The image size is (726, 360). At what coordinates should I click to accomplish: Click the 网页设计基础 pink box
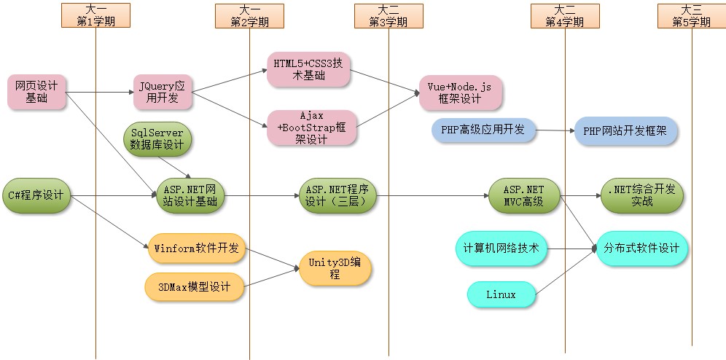[x=36, y=92]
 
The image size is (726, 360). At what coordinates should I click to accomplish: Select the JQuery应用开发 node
[x=162, y=92]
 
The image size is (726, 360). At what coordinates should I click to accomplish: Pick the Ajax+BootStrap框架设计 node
[x=312, y=128]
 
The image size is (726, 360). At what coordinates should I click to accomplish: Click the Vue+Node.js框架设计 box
[x=460, y=93]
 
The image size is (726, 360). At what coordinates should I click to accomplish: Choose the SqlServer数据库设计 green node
[x=157, y=138]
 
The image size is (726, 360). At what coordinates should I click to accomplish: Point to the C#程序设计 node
[x=36, y=195]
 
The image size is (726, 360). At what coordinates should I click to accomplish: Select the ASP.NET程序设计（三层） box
[x=337, y=195]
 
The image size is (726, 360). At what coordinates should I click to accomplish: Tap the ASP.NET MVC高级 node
[x=524, y=195]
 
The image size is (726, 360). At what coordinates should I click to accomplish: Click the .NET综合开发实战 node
[x=642, y=195]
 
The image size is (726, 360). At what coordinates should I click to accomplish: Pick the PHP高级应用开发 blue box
[x=483, y=130]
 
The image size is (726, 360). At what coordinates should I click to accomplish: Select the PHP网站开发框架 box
[x=626, y=131]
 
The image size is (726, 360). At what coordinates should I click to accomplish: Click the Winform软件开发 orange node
[x=196, y=248]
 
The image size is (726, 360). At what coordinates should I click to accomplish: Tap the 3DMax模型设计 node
[x=194, y=287]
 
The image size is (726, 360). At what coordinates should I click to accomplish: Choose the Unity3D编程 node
[x=335, y=268]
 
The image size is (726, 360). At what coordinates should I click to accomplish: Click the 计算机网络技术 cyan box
[x=501, y=248]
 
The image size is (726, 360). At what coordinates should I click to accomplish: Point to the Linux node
[x=501, y=294]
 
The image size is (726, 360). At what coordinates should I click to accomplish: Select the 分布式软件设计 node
[x=641, y=249]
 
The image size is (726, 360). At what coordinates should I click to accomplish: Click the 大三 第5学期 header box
[x=691, y=15]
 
